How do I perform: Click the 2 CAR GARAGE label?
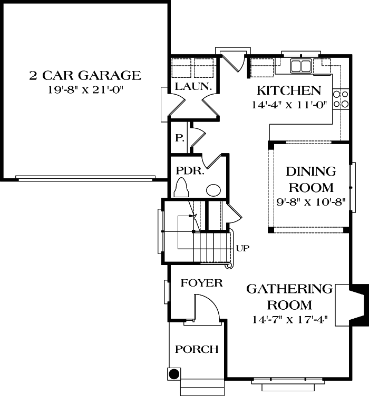point(85,76)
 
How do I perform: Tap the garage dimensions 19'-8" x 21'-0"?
point(85,89)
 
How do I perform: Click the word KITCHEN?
point(288,90)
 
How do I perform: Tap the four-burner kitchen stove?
point(342,99)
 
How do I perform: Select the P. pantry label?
point(179,139)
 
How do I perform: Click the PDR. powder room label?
point(186,171)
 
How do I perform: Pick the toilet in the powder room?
point(181,188)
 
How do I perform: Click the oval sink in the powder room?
point(213,190)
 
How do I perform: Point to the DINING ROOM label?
point(310,179)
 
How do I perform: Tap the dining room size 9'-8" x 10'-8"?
point(310,201)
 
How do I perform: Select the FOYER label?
point(202,283)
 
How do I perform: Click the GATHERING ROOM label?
point(289,297)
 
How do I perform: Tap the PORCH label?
point(197,349)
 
